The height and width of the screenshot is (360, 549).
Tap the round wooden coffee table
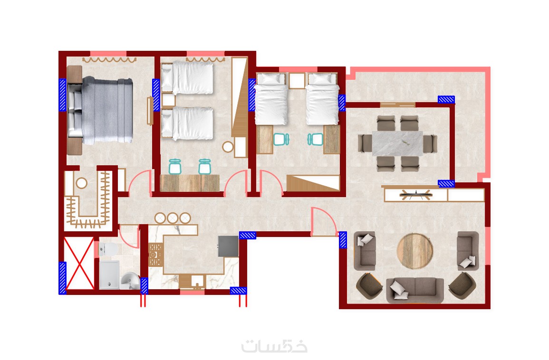[x=415, y=251]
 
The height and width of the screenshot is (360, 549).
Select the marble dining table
[x=397, y=143]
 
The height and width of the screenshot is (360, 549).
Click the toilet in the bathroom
[x=109, y=249]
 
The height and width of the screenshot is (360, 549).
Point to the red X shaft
[x=79, y=264]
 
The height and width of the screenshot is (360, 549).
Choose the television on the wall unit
[x=415, y=195]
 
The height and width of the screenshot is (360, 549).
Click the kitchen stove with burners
[x=155, y=255]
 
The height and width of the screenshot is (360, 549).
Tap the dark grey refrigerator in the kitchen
[x=228, y=246]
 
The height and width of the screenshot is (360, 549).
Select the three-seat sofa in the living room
[x=415, y=290]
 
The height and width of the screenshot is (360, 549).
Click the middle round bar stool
[x=172, y=218]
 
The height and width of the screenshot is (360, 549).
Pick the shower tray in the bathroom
[x=109, y=275]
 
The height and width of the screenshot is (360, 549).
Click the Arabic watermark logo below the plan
[x=275, y=346]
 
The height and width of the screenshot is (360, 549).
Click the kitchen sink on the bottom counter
[x=198, y=281]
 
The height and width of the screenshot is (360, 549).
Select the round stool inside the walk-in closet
[x=82, y=183]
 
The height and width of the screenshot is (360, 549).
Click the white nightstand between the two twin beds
[x=297, y=81]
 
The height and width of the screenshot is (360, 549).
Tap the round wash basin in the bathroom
[x=131, y=281]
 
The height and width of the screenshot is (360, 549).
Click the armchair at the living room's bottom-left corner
[x=369, y=285]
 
